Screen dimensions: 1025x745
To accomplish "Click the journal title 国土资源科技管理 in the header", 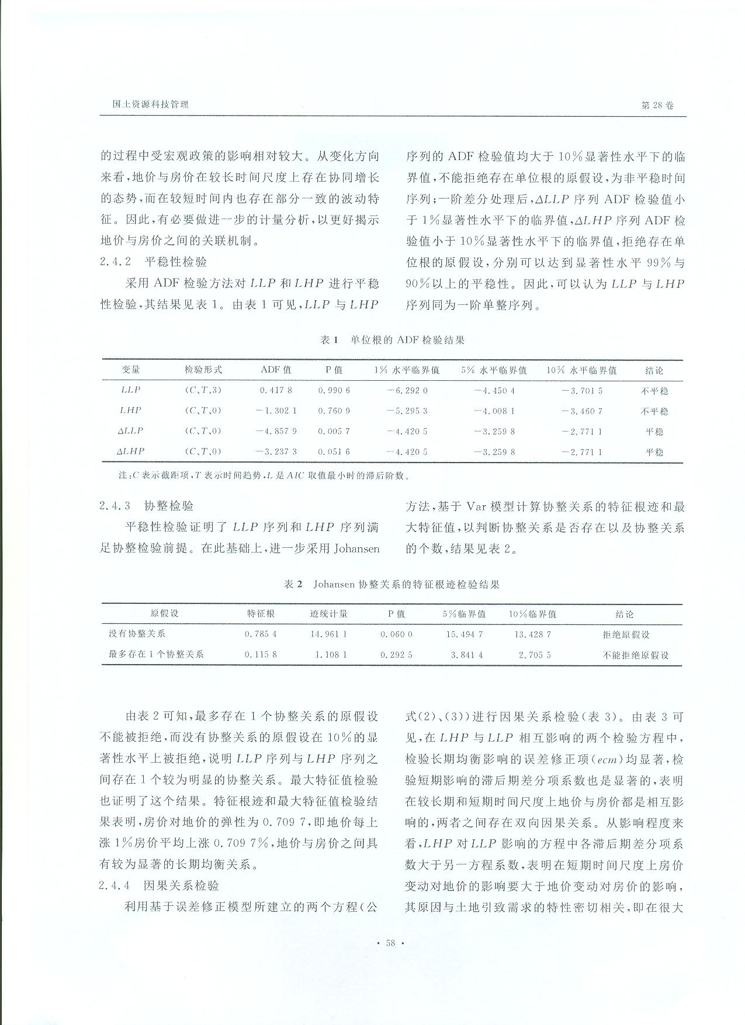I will click(150, 105).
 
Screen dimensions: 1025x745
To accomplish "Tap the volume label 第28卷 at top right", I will click(657, 105).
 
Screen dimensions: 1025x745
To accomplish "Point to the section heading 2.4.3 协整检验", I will click(147, 506).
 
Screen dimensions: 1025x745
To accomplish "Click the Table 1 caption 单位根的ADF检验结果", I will click(392, 340).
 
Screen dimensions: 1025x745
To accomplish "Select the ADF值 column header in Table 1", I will click(276, 370).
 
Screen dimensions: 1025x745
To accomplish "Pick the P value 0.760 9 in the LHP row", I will click(334, 411).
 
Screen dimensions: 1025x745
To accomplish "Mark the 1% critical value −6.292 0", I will click(407, 390).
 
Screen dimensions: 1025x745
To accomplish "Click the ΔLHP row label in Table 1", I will click(130, 451).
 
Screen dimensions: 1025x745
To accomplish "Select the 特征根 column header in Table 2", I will click(261, 614).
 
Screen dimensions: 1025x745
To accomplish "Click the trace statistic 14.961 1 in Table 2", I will click(328, 634).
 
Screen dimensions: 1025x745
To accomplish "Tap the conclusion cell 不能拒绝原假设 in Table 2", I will click(636, 655).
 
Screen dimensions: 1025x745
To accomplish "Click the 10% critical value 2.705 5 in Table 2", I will click(534, 655).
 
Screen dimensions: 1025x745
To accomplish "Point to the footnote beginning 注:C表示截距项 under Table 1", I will click(263, 475).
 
